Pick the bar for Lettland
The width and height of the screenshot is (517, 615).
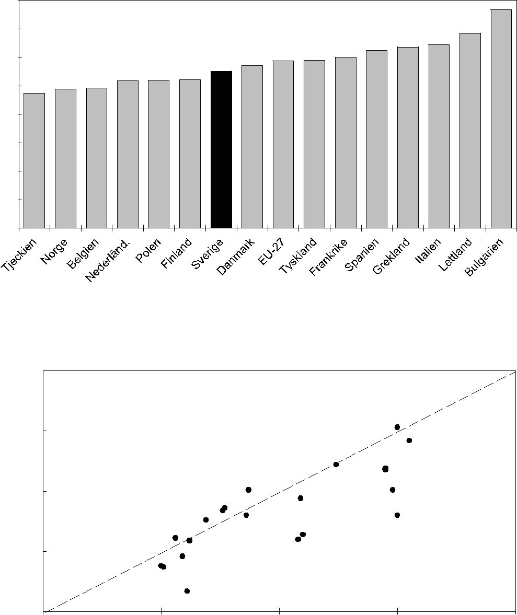coord(470,131)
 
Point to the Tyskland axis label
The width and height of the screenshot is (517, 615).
coord(298,256)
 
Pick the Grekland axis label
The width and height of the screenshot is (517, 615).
coord(392,257)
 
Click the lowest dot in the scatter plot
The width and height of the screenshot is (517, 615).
coord(187,591)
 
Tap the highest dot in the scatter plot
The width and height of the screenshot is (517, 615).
coord(397,427)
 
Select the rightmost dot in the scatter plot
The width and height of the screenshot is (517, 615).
coord(409,440)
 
